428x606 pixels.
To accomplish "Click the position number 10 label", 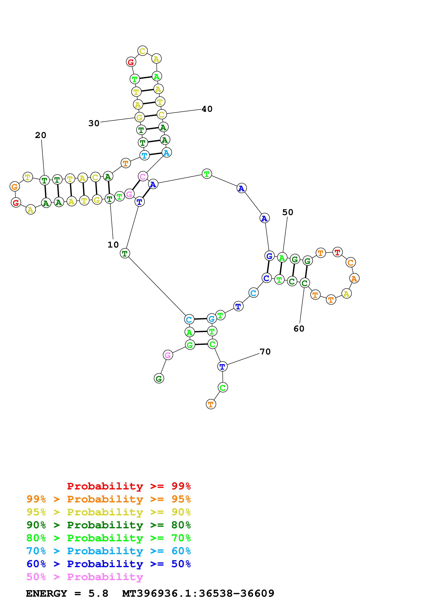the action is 113,245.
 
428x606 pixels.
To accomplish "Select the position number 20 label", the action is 41,135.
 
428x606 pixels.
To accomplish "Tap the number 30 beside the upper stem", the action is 94,123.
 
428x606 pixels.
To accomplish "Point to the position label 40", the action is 207,109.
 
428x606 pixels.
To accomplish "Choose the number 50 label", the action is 288,212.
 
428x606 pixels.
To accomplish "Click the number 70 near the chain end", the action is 265,352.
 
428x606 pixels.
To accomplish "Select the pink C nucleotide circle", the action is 143,176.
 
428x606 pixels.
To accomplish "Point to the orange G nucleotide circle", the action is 15,187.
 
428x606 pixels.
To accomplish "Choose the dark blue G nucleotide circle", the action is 269,256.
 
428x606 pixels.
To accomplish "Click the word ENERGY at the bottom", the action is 46,593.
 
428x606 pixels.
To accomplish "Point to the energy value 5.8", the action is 98,593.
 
